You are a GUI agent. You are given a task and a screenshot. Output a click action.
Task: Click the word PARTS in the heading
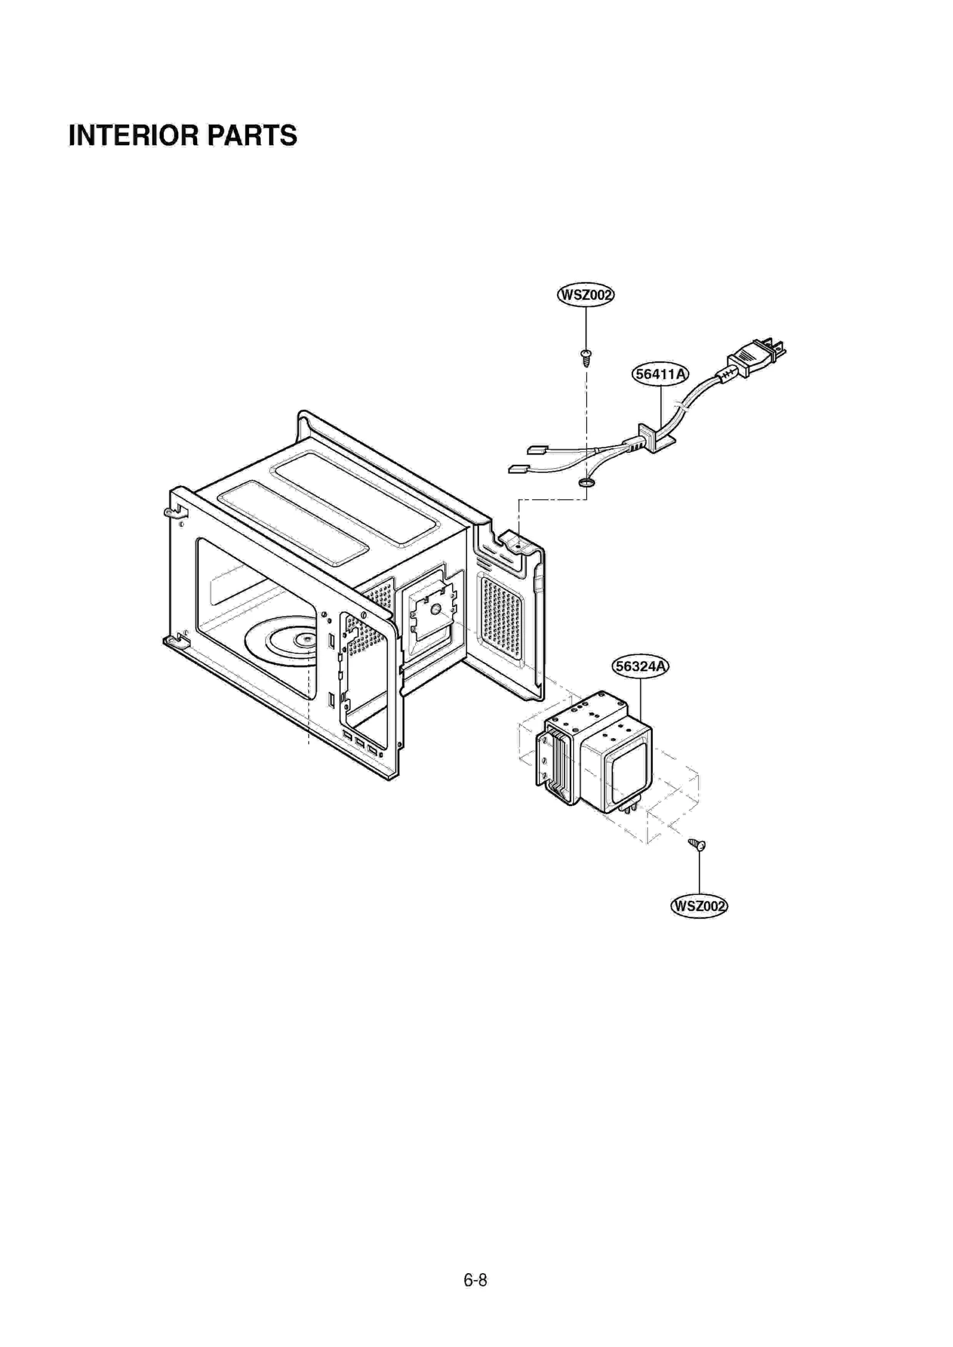(x=252, y=136)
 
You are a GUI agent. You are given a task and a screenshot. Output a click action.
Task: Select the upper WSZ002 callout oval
(x=585, y=295)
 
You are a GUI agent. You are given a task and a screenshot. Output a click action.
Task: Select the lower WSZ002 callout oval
(x=699, y=906)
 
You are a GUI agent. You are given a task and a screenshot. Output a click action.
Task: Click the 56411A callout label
(x=660, y=374)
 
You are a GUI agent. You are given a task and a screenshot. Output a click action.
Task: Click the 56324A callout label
(x=640, y=666)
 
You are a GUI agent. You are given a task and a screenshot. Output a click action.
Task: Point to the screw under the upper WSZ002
(x=586, y=357)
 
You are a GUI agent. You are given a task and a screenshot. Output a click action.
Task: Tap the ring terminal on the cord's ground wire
(x=586, y=481)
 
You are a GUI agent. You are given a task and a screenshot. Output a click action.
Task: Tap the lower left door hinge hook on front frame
(x=173, y=640)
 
